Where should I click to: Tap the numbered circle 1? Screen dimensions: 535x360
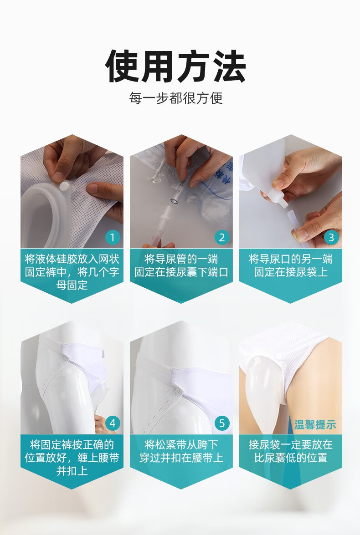click(113, 237)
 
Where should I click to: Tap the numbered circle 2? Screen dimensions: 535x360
click(222, 237)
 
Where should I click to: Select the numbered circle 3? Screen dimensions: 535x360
click(331, 237)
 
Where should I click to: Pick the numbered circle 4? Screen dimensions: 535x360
click(113, 423)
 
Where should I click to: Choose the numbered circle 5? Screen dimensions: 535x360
click(222, 423)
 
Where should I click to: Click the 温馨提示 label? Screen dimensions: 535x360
click(315, 425)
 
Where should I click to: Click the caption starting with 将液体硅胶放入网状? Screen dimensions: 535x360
click(72, 272)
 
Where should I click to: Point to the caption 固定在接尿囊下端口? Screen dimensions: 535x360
click(181, 272)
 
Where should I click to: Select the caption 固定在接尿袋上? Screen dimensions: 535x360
click(291, 272)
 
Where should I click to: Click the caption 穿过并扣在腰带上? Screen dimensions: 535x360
click(181, 458)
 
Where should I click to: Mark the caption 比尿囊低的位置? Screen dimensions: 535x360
click(291, 458)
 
